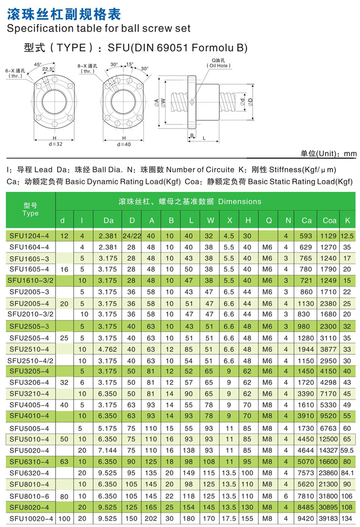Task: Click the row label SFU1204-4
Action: tap(29, 235)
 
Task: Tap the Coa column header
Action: tap(330, 221)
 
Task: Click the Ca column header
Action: tap(307, 221)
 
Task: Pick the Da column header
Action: tap(108, 221)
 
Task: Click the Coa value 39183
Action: tap(330, 519)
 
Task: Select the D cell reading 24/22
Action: tap(132, 235)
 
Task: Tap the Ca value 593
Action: tap(307, 235)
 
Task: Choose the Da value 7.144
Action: tap(108, 450)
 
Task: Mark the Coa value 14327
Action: tap(330, 450)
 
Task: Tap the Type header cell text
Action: tap(30, 213)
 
